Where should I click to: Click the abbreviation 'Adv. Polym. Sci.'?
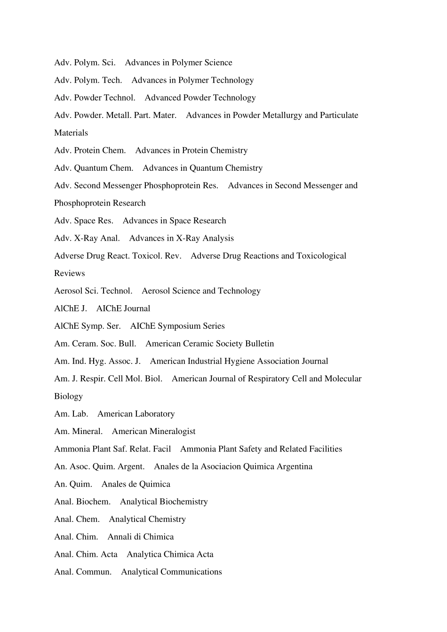tap(85, 63)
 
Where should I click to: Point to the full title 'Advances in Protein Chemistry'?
tap(191, 150)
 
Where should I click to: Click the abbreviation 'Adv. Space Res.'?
tap(84, 221)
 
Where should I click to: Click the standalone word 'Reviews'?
tap(70, 273)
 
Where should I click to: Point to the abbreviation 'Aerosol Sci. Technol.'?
tap(93, 291)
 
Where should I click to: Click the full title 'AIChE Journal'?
tap(123, 308)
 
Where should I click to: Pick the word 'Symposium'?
tap(177, 326)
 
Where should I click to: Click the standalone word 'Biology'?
tap(68, 396)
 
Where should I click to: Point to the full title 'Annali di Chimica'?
tap(141, 537)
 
